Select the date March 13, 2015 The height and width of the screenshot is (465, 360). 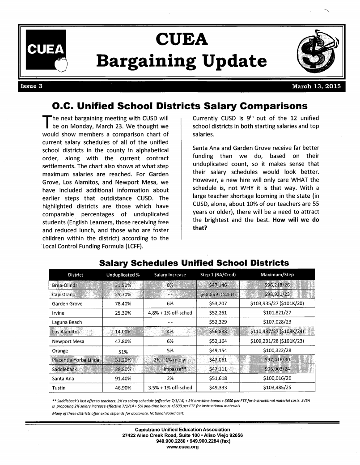(316, 86)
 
